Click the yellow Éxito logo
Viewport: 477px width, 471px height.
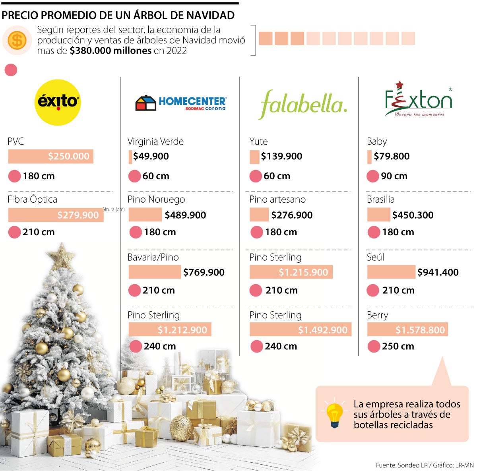pyautogui.click(x=58, y=102)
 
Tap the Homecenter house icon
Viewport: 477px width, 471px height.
pyautogui.click(x=145, y=103)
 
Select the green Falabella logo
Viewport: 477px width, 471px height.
pyautogui.click(x=303, y=104)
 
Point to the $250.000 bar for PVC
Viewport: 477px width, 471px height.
pyautogui.click(x=51, y=156)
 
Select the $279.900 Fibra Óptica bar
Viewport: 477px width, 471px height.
pyautogui.click(x=56, y=215)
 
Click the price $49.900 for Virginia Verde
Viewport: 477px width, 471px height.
pyautogui.click(x=151, y=156)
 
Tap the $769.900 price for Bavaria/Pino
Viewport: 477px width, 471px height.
pyautogui.click(x=204, y=272)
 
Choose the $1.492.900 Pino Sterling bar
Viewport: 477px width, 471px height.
pyautogui.click(x=300, y=330)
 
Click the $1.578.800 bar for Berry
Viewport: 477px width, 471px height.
pyautogui.click(x=407, y=330)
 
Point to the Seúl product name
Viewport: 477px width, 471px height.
pyautogui.click(x=376, y=257)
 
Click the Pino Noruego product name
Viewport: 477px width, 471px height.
pyautogui.click(x=156, y=199)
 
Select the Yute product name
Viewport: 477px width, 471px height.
pyautogui.click(x=258, y=141)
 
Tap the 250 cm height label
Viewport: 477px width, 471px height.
pyautogui.click(x=398, y=346)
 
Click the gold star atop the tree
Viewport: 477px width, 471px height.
pyautogui.click(x=61, y=256)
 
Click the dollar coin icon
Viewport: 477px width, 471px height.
pyautogui.click(x=17, y=40)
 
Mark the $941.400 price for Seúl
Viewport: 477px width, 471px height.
pyautogui.click(x=438, y=272)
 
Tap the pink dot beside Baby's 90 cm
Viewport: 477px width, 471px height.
pyautogui.click(x=372, y=176)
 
